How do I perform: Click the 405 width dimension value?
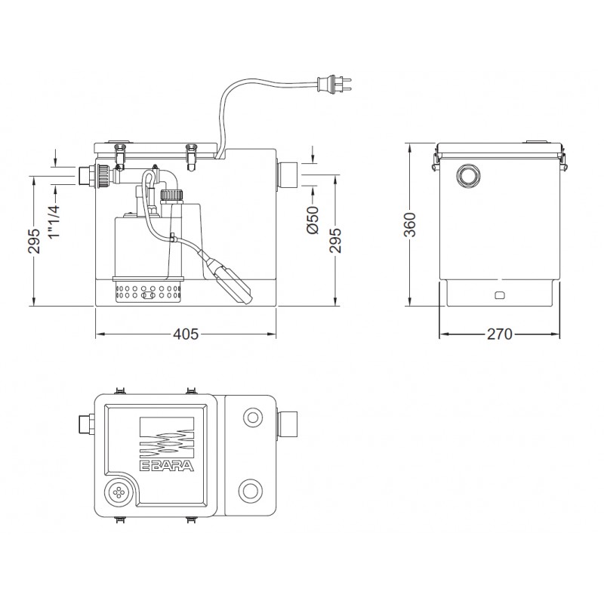tap(186, 334)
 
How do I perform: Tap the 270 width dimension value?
tap(500, 334)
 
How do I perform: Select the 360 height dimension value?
tap(409, 224)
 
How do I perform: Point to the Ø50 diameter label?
tap(313, 220)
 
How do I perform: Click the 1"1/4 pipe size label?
tap(54, 221)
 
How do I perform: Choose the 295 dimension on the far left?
tap(34, 241)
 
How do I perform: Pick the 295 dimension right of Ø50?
tap(335, 240)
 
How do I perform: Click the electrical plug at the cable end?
tap(334, 85)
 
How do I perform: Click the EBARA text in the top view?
tap(167, 466)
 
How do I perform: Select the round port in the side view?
tap(468, 176)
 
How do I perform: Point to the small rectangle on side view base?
tap(500, 295)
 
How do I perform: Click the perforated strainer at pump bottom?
tap(148, 291)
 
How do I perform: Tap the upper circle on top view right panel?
tap(253, 418)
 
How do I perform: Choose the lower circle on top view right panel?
tap(251, 491)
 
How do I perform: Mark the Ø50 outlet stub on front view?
tap(287, 175)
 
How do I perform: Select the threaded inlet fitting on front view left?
tap(95, 176)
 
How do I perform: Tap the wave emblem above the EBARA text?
tap(167, 439)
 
